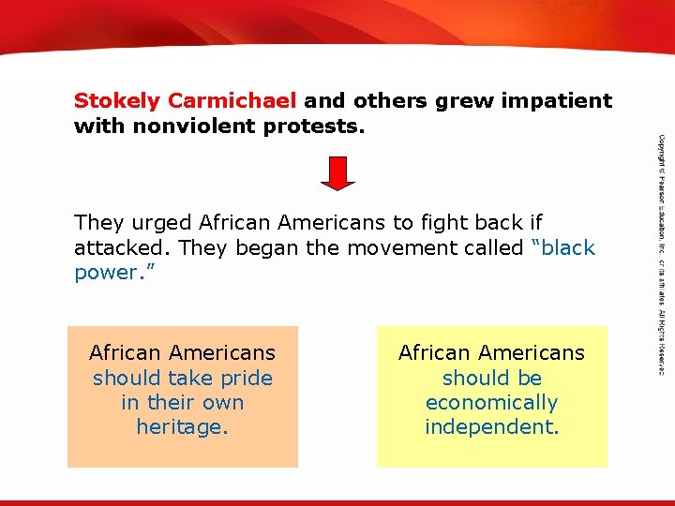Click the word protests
point(313,125)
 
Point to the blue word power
point(105,273)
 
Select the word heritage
point(182,427)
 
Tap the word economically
point(491,403)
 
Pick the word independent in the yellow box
point(491,427)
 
